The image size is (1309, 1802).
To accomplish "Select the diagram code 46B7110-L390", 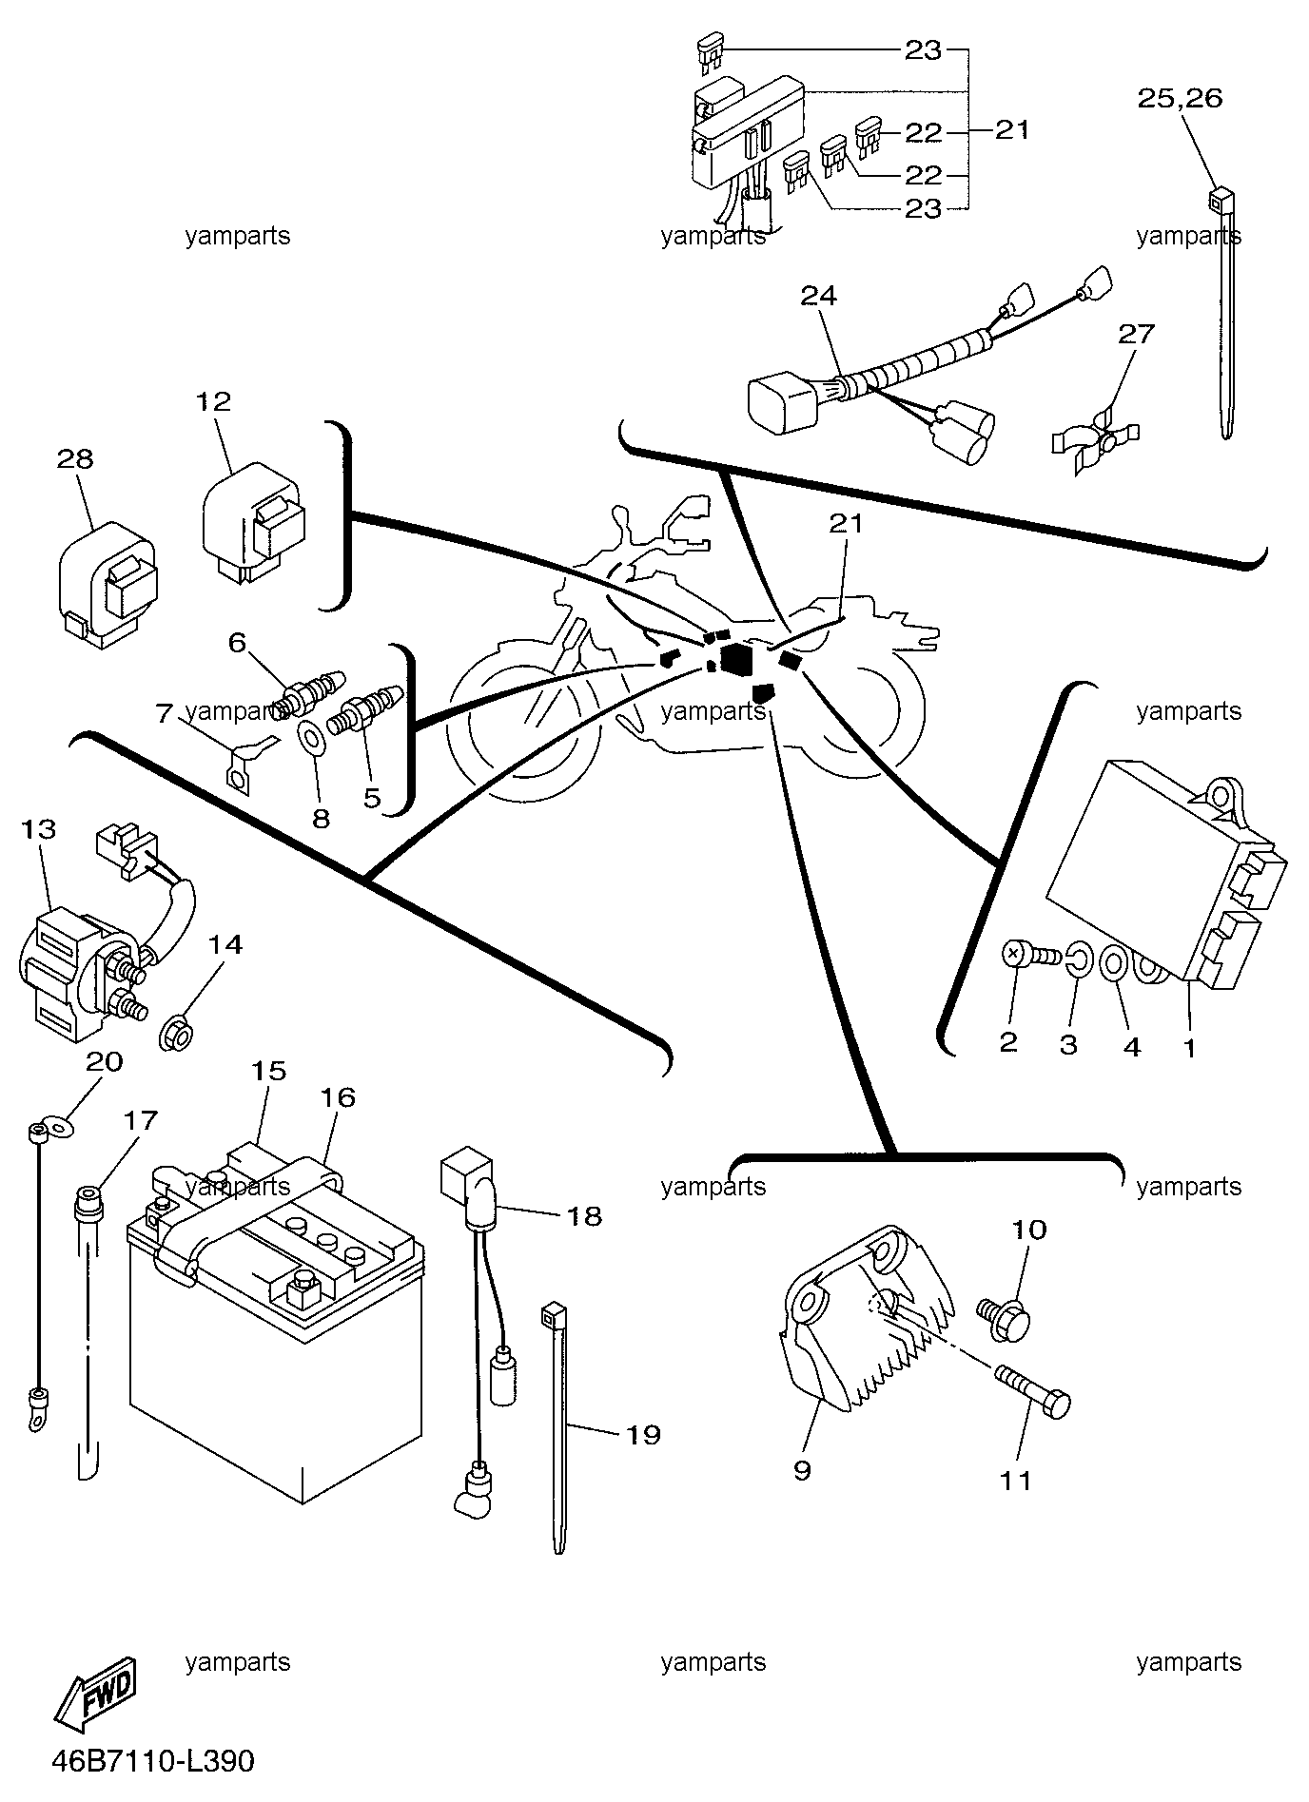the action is coord(153,1762).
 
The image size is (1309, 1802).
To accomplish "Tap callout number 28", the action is coord(75,459).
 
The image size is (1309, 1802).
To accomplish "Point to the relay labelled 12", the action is coord(254,523).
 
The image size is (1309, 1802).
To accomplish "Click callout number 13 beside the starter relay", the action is coord(39,829).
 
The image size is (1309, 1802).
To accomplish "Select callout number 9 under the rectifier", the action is coord(802,1470).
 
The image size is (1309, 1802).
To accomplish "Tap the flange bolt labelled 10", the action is coord(1005,1318).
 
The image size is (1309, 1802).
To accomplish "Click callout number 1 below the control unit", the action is coord(1189,1048).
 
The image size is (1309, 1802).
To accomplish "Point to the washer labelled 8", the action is coord(309,735).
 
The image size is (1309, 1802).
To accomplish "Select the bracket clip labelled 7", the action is coord(245,764).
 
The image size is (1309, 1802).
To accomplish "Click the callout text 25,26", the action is coord(1180,98).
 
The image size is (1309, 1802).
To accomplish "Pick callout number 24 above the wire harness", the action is coord(818,297).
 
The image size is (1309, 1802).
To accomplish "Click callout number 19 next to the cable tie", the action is coord(643,1435).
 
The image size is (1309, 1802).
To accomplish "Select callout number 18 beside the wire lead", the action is coord(584,1216).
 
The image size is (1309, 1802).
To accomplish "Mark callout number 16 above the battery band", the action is coord(338,1097).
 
